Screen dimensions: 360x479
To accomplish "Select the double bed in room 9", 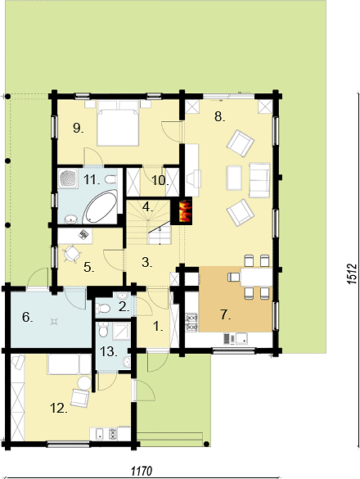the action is [117, 123].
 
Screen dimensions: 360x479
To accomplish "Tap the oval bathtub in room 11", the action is [100, 206].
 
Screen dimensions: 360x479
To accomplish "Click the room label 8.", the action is [219, 116].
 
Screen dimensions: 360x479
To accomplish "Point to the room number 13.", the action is [108, 351].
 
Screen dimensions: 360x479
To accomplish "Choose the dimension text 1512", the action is [352, 273].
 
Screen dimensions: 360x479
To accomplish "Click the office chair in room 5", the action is [72, 254].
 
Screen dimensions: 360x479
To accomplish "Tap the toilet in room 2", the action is [102, 309].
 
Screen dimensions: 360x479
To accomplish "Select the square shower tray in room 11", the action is [68, 178].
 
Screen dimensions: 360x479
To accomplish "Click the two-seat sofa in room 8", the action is [259, 180].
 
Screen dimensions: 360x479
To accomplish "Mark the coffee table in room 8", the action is [234, 178].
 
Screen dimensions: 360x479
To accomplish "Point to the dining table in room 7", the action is [256, 277].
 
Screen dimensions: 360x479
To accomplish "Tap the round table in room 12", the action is [83, 383].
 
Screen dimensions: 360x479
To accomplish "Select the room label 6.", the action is [27, 318].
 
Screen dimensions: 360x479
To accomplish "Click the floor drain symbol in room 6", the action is [54, 321].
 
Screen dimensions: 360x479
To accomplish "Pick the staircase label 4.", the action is [147, 207].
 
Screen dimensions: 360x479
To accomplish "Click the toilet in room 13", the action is [103, 330].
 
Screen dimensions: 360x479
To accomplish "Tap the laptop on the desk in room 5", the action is [83, 234].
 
